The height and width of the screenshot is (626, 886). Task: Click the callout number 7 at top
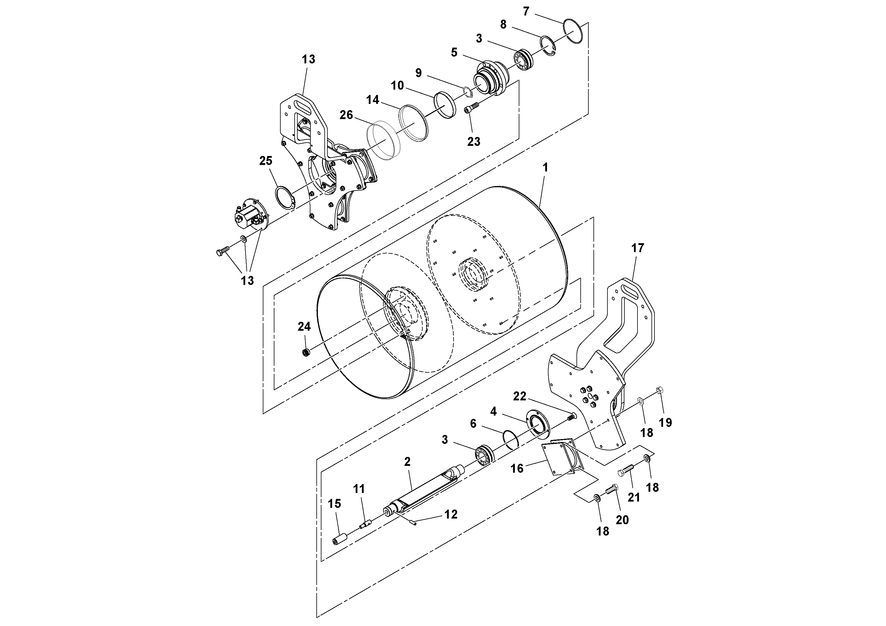pos(526,12)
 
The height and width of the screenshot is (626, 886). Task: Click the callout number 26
pos(346,115)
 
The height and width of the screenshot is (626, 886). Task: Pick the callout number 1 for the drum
pos(545,168)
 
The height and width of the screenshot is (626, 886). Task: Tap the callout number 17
pos(637,248)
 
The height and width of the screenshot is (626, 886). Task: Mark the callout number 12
pos(451,514)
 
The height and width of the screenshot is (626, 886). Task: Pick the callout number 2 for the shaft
pos(407,462)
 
